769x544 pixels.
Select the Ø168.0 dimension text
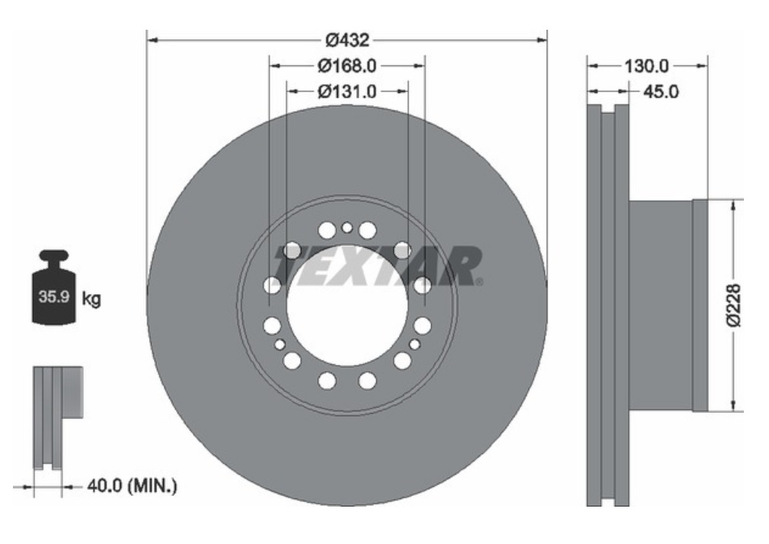(x=347, y=66)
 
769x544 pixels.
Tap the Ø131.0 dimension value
(x=347, y=91)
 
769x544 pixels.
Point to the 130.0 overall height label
(x=646, y=66)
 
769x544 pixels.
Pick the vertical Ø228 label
(x=733, y=305)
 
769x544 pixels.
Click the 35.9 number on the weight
(x=53, y=296)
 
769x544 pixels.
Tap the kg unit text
(x=91, y=298)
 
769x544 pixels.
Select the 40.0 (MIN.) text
(x=130, y=485)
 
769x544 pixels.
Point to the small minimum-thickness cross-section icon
(x=56, y=415)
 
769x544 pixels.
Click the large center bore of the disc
(x=346, y=305)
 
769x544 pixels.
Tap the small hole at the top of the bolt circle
(x=347, y=227)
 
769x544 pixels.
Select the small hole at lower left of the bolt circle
(x=280, y=344)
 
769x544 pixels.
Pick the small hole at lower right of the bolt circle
(x=414, y=344)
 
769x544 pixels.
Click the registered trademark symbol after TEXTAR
(x=479, y=282)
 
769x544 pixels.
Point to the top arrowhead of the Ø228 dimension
(x=733, y=204)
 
